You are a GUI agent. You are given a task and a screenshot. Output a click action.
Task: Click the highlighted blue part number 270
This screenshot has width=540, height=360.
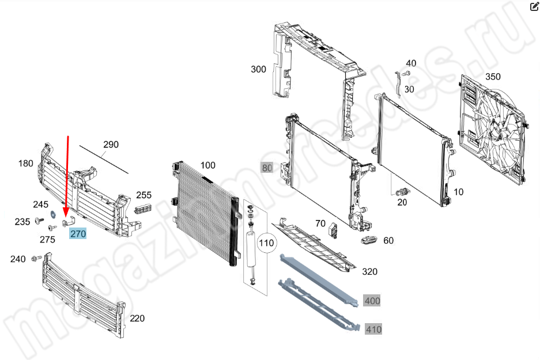point(78,234)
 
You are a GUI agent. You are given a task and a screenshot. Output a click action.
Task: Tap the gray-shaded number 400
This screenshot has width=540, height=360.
point(372,301)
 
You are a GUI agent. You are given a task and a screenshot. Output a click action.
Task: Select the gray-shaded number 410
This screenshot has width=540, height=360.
point(373,329)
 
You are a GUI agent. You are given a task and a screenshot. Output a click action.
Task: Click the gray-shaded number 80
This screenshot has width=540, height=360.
point(267,168)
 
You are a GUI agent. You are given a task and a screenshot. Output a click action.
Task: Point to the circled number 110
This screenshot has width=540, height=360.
point(266,243)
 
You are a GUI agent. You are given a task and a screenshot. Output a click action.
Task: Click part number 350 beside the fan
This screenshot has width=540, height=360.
point(493,77)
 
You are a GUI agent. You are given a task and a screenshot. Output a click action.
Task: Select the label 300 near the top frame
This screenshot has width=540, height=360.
point(258,69)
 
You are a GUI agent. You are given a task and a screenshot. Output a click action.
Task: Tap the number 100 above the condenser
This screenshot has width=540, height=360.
point(207,165)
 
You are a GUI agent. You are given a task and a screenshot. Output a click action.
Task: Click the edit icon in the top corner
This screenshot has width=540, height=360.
point(534,6)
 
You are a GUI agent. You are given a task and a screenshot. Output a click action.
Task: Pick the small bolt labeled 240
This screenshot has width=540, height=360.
point(36,258)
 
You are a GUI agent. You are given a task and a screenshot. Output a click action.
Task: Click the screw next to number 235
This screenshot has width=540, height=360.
point(40,221)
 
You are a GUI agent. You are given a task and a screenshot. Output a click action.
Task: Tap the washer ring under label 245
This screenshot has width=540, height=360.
point(53,214)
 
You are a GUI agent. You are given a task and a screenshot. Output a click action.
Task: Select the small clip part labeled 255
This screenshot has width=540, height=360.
point(143,209)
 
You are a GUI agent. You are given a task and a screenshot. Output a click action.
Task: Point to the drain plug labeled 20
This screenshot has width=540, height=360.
point(403,191)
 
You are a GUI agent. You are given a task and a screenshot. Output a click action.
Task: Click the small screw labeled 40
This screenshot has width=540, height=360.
point(406,73)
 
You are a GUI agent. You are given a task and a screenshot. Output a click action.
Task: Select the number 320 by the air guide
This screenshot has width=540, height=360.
point(369,271)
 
